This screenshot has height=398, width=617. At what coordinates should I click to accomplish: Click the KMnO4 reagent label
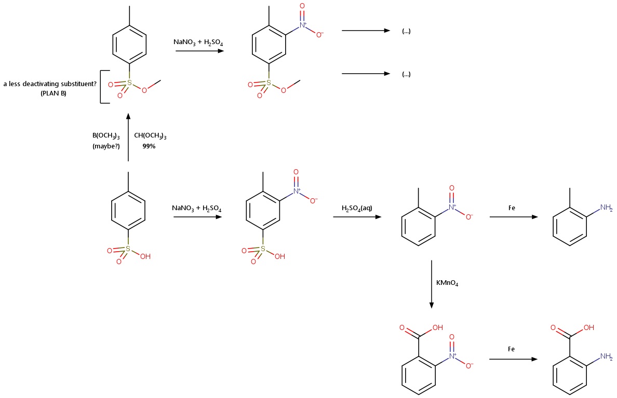coord(447,284)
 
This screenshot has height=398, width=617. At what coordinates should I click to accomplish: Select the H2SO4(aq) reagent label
coord(357,209)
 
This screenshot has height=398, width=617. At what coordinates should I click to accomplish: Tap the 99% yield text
coord(149,146)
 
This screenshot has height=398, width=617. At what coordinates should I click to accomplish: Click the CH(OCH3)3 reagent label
coord(150,136)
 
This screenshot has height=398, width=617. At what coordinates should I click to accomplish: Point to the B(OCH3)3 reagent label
coord(106,136)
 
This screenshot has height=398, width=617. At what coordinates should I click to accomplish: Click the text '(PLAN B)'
coord(53,93)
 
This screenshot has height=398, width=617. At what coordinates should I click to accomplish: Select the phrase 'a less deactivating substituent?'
coord(50,84)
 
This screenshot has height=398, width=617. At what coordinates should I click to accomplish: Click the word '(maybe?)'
coord(106,146)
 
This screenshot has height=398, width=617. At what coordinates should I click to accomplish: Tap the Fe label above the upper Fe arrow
coord(512,208)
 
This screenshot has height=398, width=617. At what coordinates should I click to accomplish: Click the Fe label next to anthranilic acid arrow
coord(511,349)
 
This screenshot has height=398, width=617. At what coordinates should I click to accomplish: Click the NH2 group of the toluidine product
coord(606,208)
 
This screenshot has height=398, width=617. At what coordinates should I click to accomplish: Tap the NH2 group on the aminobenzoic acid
coord(606,356)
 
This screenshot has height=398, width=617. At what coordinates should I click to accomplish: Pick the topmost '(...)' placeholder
coord(406,31)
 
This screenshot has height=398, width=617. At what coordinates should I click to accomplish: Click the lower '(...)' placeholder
coord(406,74)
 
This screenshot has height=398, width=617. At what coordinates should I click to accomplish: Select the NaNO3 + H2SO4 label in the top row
coord(198,42)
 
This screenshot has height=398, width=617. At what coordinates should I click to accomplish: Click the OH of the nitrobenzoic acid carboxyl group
coord(437,328)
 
